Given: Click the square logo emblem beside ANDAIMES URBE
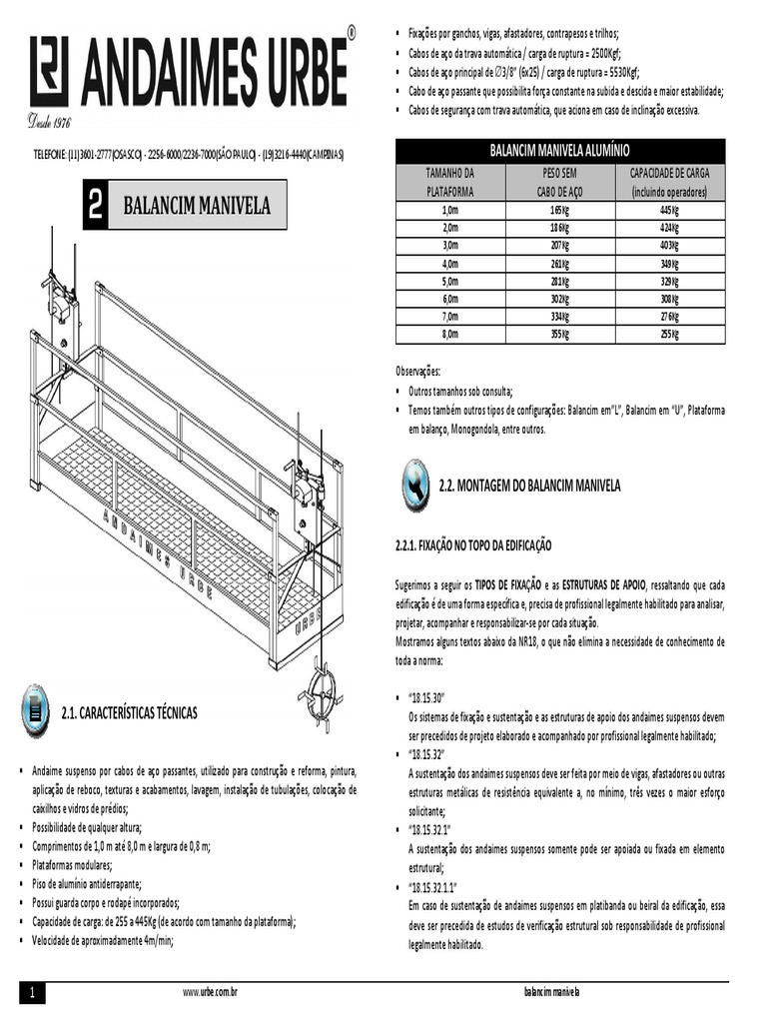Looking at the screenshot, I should pos(49,71).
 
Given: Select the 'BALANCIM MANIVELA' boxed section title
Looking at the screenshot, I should pos(196,207).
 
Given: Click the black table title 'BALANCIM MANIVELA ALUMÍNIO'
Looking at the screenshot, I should pos(559,151).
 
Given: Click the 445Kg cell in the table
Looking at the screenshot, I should pos(669,211).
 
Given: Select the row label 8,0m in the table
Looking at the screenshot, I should pos(449,334).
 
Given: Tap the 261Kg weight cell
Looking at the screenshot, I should pos(559,264).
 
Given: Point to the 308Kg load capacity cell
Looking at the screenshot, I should pos(669,299).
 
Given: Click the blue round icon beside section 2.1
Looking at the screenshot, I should pos(35,711).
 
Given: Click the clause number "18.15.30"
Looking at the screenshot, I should pos(426,696).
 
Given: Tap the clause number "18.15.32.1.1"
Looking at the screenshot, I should pos(432,887).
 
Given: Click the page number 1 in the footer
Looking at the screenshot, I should pos(32,993).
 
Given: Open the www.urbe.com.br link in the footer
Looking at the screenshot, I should pos(209,993).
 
